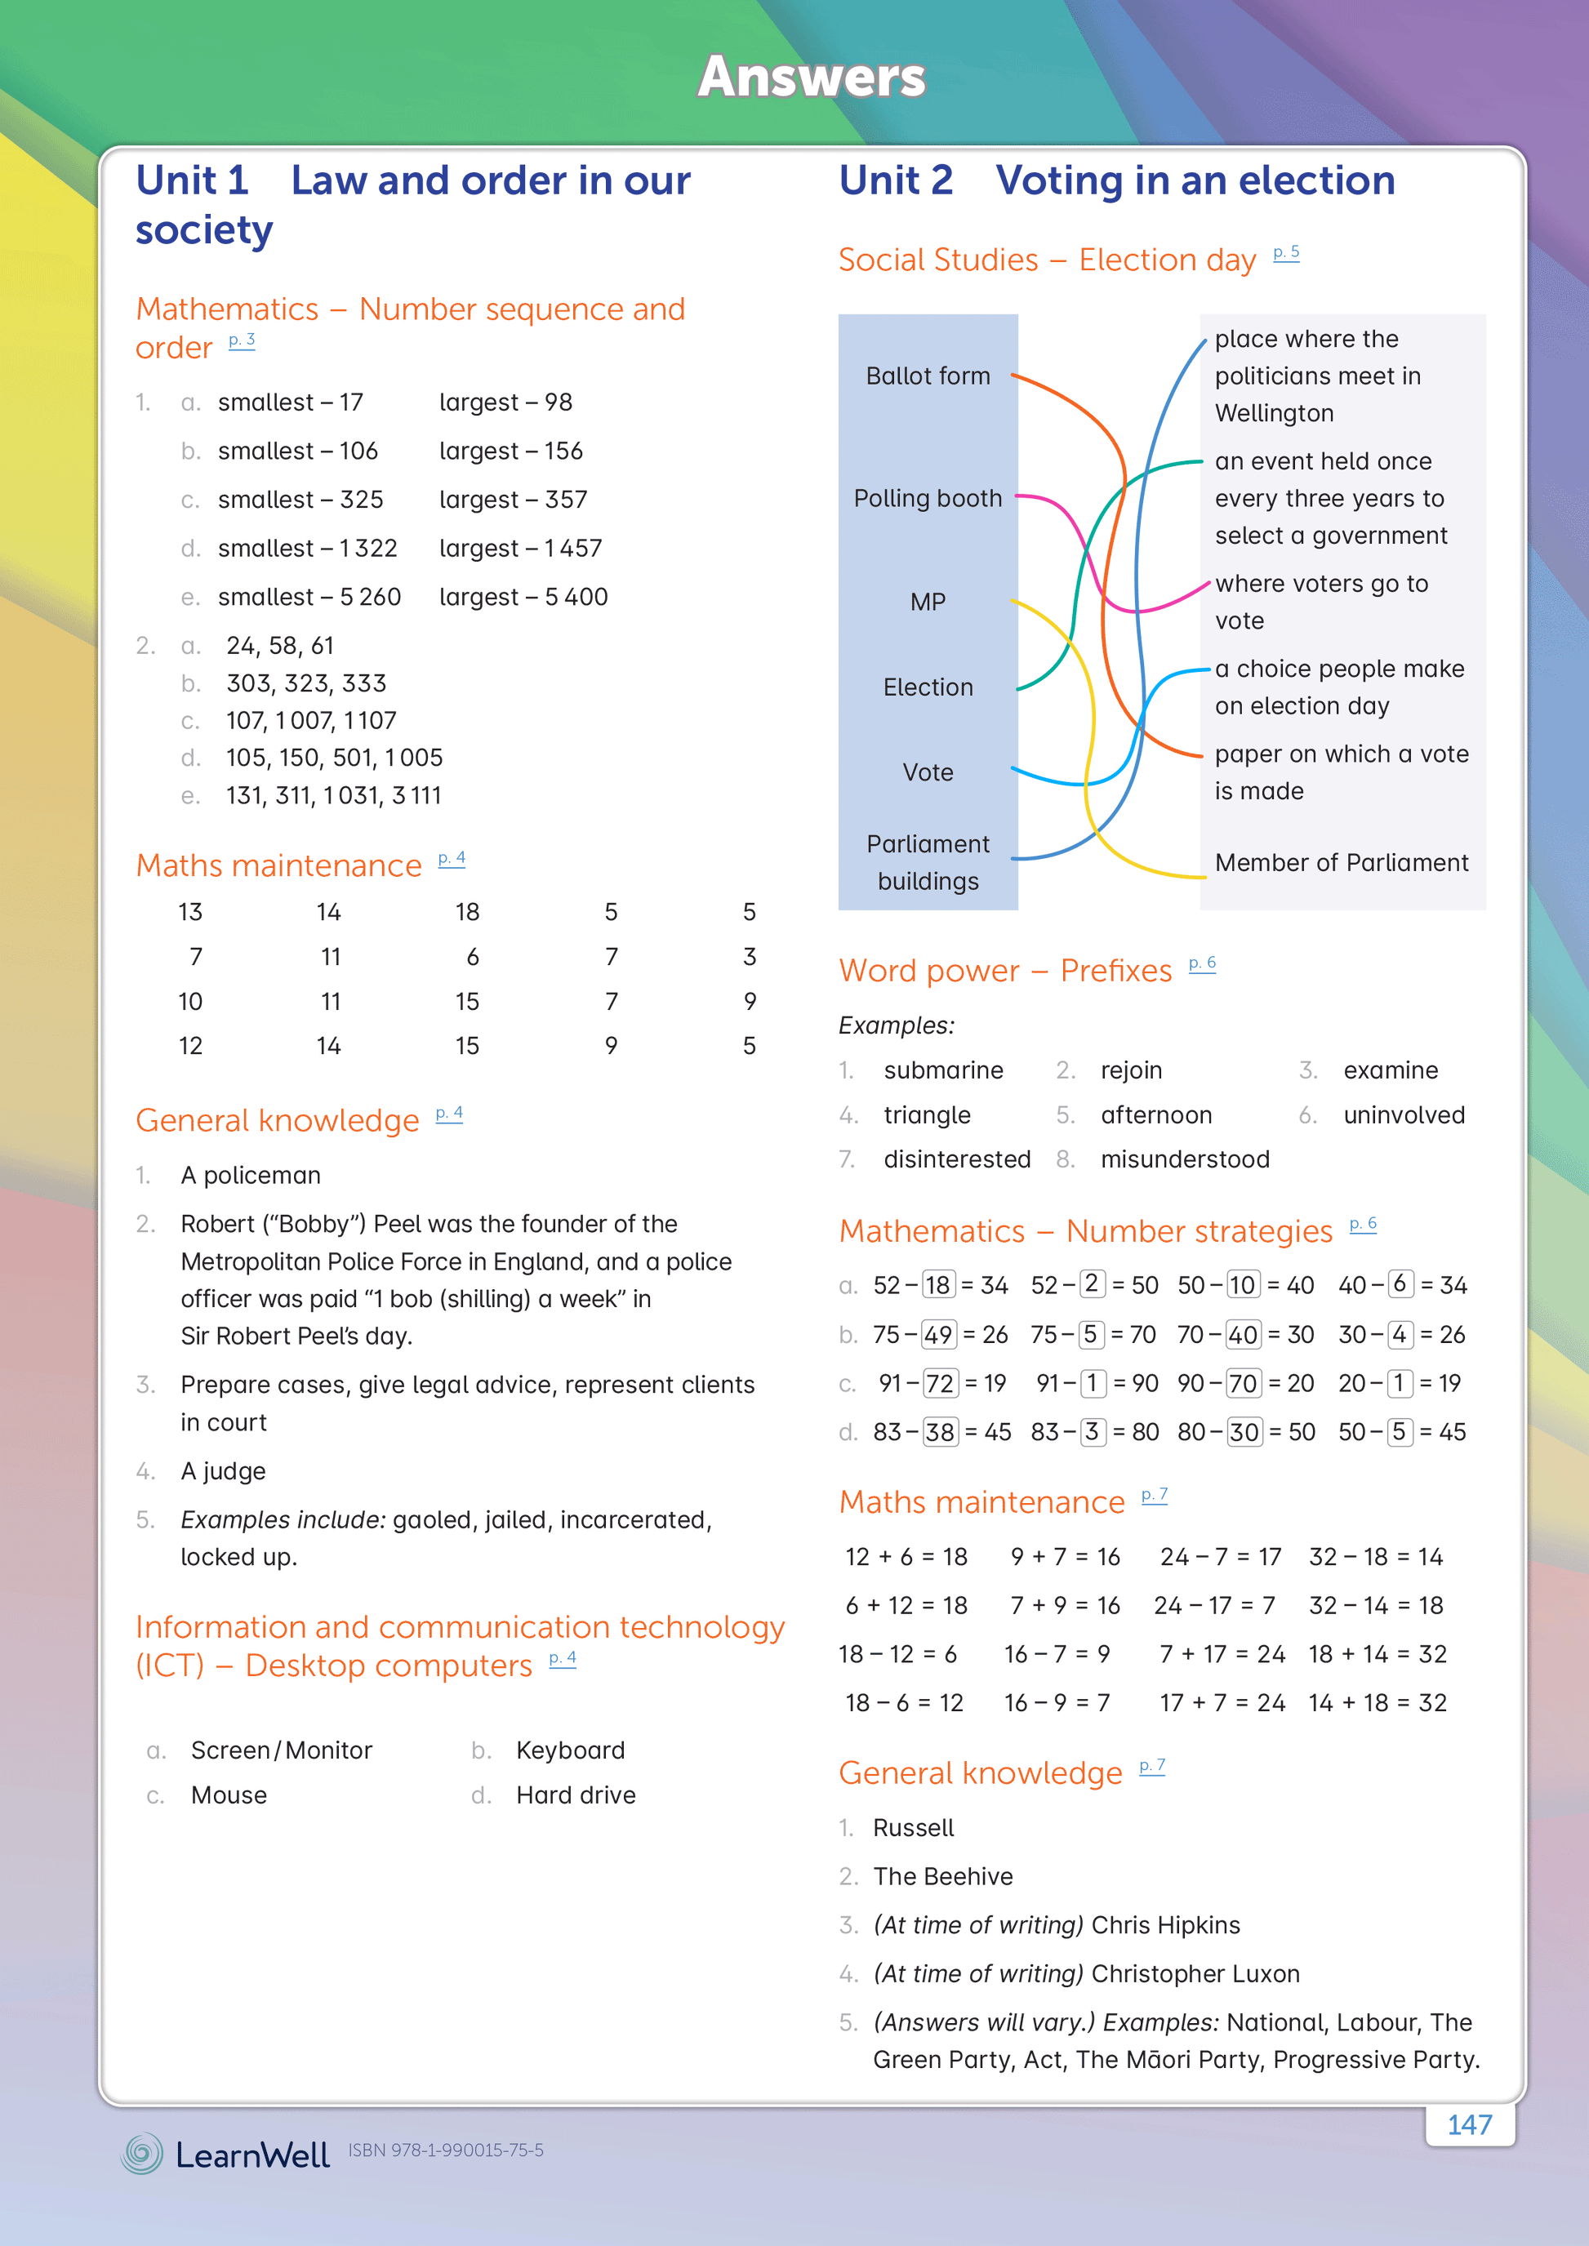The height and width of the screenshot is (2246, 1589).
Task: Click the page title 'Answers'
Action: pyautogui.click(x=811, y=78)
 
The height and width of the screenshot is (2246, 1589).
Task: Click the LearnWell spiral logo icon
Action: pyautogui.click(x=143, y=2153)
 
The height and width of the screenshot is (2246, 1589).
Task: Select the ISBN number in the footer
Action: pyautogui.click(x=445, y=2150)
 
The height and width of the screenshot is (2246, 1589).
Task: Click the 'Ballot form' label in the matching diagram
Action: pyautogui.click(x=928, y=376)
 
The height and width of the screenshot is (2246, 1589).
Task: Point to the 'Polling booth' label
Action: pyautogui.click(x=928, y=499)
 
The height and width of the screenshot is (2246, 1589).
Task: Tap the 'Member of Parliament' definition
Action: pyautogui.click(x=1341, y=863)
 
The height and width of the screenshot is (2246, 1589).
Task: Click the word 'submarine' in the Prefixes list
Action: pyautogui.click(x=943, y=1070)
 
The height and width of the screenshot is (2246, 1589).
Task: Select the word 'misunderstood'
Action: pyautogui.click(x=1184, y=1159)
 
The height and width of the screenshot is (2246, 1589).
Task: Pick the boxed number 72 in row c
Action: pyautogui.click(x=941, y=1383)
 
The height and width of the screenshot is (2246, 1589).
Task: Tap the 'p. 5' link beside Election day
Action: pyautogui.click(x=1286, y=252)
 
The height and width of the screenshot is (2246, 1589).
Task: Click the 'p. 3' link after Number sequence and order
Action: pyautogui.click(x=242, y=340)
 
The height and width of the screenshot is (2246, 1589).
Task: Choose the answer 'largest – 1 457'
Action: pyautogui.click(x=520, y=549)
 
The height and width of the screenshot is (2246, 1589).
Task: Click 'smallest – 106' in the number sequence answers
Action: pyautogui.click(x=297, y=451)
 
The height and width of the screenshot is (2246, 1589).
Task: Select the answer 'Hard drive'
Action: pyautogui.click(x=576, y=1795)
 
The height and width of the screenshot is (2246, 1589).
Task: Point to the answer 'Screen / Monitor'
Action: pyautogui.click(x=281, y=1750)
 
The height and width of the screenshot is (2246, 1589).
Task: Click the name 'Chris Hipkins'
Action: pyautogui.click(x=1165, y=1925)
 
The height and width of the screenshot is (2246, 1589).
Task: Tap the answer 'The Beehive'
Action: pyautogui.click(x=942, y=1876)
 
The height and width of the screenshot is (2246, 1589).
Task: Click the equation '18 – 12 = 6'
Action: pyautogui.click(x=897, y=1654)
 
